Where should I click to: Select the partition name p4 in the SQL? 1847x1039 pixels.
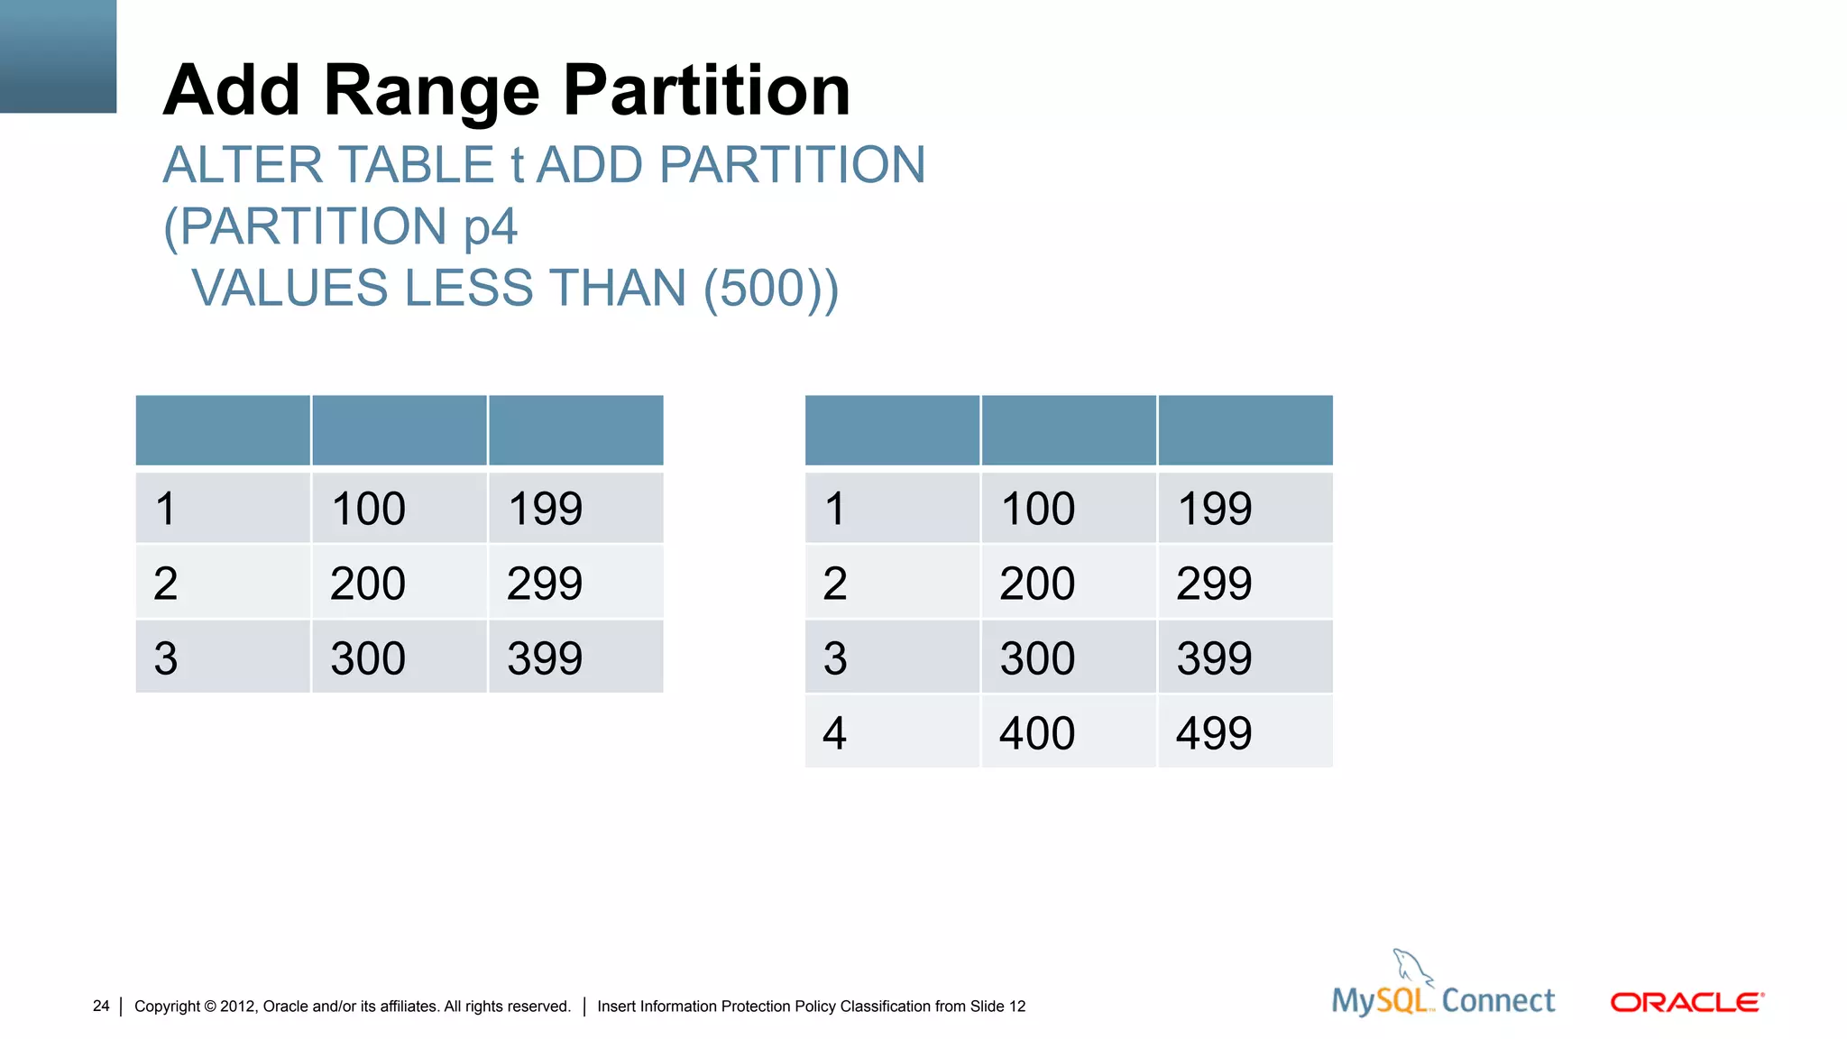click(491, 226)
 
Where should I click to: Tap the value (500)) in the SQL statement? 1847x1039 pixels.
click(771, 289)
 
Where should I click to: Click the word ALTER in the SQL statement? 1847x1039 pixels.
click(243, 165)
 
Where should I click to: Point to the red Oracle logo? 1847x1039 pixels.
click(1686, 1002)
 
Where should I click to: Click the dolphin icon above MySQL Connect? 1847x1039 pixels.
click(1411, 967)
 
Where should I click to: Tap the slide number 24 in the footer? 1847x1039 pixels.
click(101, 1006)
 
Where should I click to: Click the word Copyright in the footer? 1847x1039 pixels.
click(167, 1006)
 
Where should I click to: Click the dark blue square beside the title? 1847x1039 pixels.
click(58, 56)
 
